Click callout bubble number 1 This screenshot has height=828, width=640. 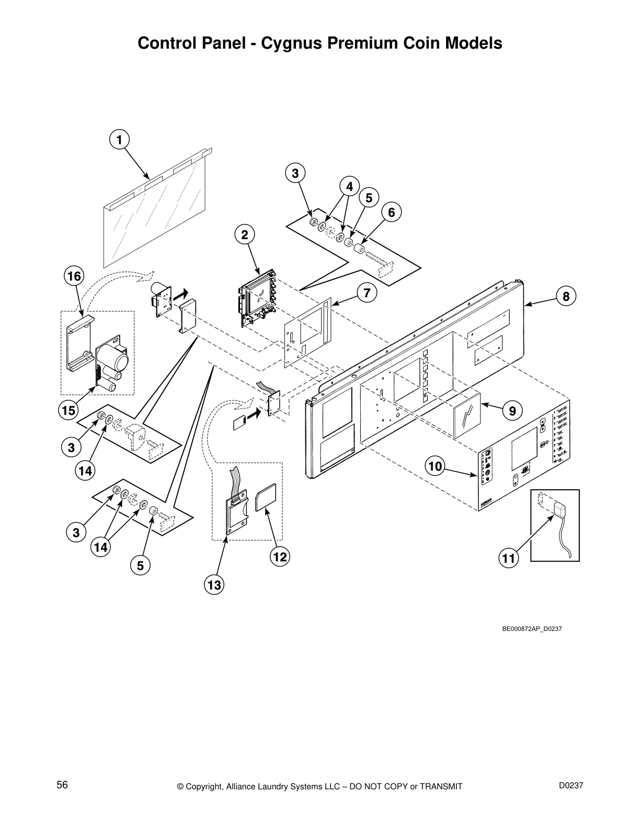pyautogui.click(x=119, y=140)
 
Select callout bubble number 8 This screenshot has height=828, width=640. pyautogui.click(x=566, y=296)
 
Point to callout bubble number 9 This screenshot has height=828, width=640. pyautogui.click(x=512, y=411)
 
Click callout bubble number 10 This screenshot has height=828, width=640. pyautogui.click(x=435, y=465)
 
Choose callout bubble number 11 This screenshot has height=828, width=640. pyautogui.click(x=508, y=559)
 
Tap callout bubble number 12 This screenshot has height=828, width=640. pyautogui.click(x=280, y=557)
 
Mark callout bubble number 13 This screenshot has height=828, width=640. pyautogui.click(x=214, y=585)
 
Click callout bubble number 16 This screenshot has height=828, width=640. pyautogui.click(x=74, y=275)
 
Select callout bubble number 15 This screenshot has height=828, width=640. pyautogui.click(x=68, y=411)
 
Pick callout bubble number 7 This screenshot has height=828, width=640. pyautogui.click(x=367, y=293)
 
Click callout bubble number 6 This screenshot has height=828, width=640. pyautogui.click(x=391, y=212)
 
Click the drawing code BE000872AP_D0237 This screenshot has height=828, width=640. pyautogui.click(x=532, y=628)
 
